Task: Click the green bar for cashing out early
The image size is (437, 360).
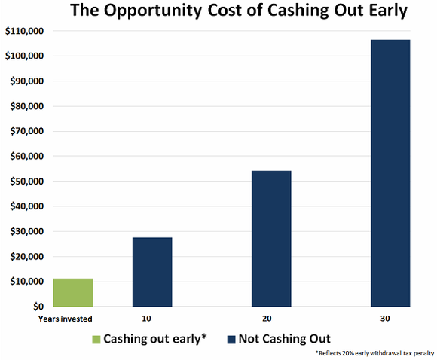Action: (x=73, y=292)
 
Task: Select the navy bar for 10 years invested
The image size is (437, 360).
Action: (x=152, y=272)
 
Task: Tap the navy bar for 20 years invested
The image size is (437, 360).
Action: (x=271, y=239)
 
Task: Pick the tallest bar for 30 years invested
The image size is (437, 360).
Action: (x=390, y=173)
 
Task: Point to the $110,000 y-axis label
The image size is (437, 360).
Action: (x=25, y=31)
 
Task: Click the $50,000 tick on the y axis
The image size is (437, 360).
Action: (x=27, y=182)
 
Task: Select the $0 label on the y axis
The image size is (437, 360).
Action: (x=38, y=307)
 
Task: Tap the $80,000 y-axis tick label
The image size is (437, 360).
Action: (x=27, y=106)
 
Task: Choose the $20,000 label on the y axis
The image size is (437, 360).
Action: (x=27, y=256)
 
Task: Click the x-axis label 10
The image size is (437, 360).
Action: (x=147, y=319)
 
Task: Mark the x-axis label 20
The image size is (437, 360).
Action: (x=267, y=319)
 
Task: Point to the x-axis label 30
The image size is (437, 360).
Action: (x=385, y=319)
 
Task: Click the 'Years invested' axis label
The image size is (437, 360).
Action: (x=66, y=319)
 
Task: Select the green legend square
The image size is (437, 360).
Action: (x=96, y=340)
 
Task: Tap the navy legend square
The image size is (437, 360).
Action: (x=231, y=340)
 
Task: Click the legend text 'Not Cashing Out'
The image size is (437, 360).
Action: (x=285, y=339)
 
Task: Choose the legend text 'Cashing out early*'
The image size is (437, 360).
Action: (x=155, y=339)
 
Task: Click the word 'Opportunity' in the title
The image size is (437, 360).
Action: (x=154, y=11)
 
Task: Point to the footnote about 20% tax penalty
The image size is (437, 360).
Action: (x=375, y=353)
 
